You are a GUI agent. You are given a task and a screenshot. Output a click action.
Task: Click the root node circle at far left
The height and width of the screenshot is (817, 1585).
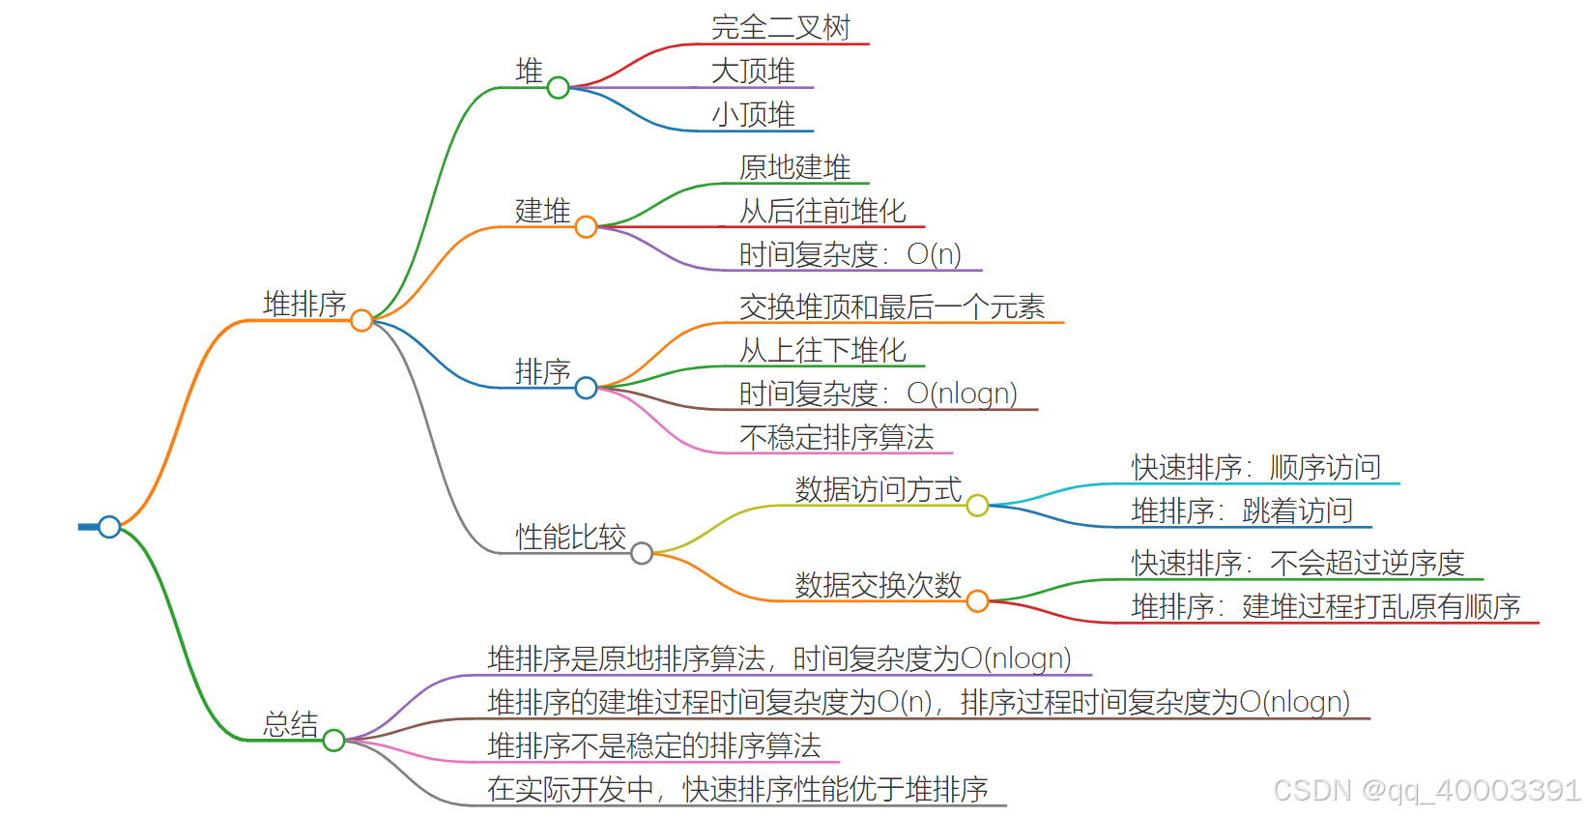(x=109, y=527)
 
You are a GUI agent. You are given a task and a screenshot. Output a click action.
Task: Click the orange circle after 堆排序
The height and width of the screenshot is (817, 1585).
(x=361, y=320)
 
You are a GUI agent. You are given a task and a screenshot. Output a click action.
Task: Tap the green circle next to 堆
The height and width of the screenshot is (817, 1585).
(x=558, y=88)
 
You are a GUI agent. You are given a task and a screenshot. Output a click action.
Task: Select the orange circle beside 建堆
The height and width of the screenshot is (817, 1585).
(x=586, y=227)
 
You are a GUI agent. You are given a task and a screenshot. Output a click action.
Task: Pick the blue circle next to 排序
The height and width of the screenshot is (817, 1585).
(x=586, y=388)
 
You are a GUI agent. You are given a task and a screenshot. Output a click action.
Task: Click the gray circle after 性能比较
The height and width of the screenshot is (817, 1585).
(x=642, y=553)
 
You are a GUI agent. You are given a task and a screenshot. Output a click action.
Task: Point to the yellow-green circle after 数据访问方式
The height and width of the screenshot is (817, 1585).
(x=977, y=506)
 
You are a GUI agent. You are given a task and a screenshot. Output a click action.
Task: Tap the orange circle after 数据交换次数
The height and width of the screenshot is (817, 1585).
(x=977, y=601)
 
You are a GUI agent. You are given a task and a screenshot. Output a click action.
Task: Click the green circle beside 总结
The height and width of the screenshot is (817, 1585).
(x=333, y=741)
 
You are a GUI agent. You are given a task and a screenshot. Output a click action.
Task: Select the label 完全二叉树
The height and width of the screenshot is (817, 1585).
(x=781, y=27)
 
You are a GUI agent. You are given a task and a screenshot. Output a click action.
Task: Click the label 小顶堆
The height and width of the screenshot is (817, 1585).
(x=753, y=114)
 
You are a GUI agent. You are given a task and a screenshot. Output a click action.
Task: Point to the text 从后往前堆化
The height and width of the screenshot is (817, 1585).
(x=822, y=211)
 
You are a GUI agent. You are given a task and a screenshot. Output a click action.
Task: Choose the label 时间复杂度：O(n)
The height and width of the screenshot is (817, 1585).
(x=850, y=254)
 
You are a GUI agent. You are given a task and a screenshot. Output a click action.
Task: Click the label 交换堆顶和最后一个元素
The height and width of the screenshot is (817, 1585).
(x=892, y=306)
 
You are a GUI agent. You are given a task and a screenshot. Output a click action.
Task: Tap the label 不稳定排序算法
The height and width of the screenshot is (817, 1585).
(x=836, y=437)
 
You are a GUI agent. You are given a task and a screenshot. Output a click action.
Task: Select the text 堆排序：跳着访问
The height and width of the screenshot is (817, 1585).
(x=1242, y=511)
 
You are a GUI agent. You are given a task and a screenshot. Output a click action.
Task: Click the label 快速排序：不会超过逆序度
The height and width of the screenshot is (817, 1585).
(x=1297, y=563)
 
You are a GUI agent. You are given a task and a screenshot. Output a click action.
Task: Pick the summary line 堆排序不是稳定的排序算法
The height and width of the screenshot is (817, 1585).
(x=654, y=745)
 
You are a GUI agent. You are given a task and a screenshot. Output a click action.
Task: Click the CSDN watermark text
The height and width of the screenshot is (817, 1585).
(x=1426, y=790)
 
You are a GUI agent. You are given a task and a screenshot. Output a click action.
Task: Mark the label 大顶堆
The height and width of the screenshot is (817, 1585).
(x=753, y=71)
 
